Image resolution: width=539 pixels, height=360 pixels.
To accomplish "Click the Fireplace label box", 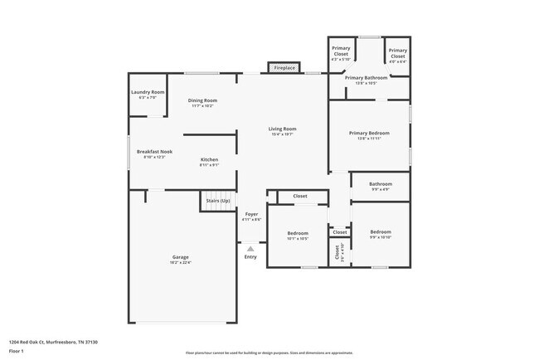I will tap(284, 68).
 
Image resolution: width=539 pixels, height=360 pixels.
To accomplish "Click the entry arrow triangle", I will tap(250, 248).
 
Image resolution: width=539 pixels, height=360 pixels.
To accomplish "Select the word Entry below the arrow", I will tap(250, 257).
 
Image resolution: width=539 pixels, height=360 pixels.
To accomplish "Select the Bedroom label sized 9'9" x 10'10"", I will tap(381, 234).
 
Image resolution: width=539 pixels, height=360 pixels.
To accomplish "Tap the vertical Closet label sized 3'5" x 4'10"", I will tap(337, 252).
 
